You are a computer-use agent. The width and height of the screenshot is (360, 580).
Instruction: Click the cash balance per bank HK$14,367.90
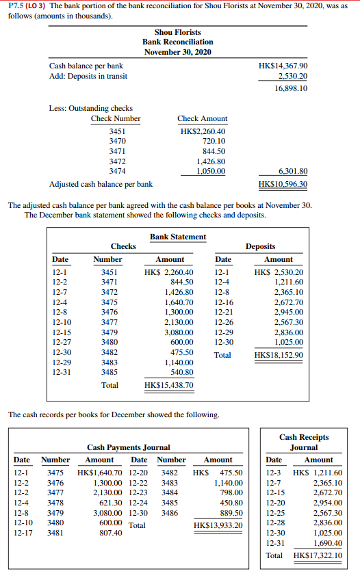(x=283, y=66)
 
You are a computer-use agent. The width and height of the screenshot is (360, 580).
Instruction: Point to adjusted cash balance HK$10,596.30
(x=283, y=185)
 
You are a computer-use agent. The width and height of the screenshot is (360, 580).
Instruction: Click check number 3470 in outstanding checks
(x=118, y=141)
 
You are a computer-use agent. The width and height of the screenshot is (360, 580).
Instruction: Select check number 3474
(x=118, y=171)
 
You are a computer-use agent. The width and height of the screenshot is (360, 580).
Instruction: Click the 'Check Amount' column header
(x=202, y=119)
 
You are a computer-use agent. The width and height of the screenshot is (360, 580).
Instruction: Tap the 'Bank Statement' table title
(x=178, y=237)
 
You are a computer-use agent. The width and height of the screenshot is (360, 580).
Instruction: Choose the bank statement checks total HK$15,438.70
(x=170, y=386)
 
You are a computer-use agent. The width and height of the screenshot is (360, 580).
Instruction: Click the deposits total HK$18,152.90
(x=279, y=356)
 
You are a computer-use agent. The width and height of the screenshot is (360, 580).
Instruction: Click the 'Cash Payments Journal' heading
(x=129, y=447)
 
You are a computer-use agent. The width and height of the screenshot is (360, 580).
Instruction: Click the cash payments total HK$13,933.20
(x=218, y=525)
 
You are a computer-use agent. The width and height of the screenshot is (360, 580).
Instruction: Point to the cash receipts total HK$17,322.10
(x=318, y=555)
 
